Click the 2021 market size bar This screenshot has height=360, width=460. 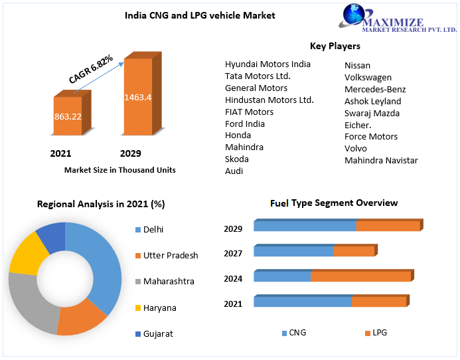68,116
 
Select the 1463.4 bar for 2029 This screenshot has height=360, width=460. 138,97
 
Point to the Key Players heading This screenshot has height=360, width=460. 335,46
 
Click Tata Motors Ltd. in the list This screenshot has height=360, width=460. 258,76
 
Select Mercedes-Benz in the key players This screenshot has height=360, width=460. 375,89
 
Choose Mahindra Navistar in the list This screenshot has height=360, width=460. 381,160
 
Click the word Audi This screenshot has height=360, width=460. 234,171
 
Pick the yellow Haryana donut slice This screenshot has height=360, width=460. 29,253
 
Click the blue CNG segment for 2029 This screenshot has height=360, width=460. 305,226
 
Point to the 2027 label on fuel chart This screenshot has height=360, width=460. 233,253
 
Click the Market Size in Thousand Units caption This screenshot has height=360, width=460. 119,170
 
